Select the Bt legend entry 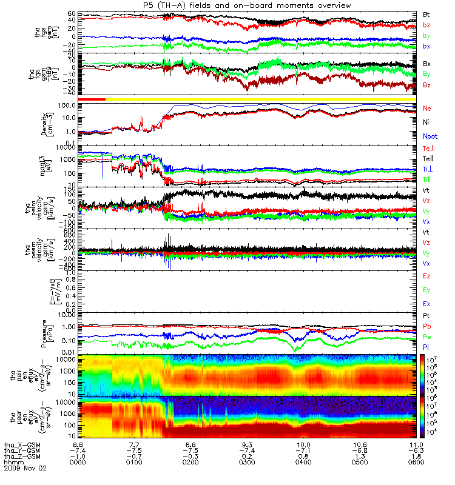tap(426, 13)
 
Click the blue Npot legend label tap(430, 136)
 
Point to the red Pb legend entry tap(427, 326)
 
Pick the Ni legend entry tap(426, 122)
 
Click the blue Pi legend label tap(426, 347)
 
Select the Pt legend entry tap(426, 316)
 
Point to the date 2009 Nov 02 tap(25, 468)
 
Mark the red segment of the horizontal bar tap(92, 99)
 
